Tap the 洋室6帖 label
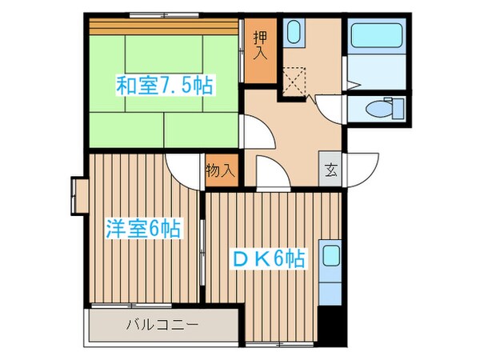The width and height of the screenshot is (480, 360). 142,229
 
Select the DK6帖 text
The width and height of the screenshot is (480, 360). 268,258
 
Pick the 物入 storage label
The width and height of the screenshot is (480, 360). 221,170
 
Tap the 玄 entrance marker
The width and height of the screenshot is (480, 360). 331,170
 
